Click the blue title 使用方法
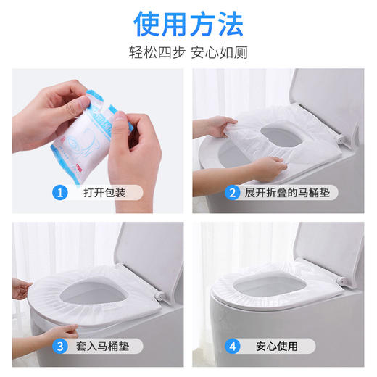[x=188, y=23]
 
